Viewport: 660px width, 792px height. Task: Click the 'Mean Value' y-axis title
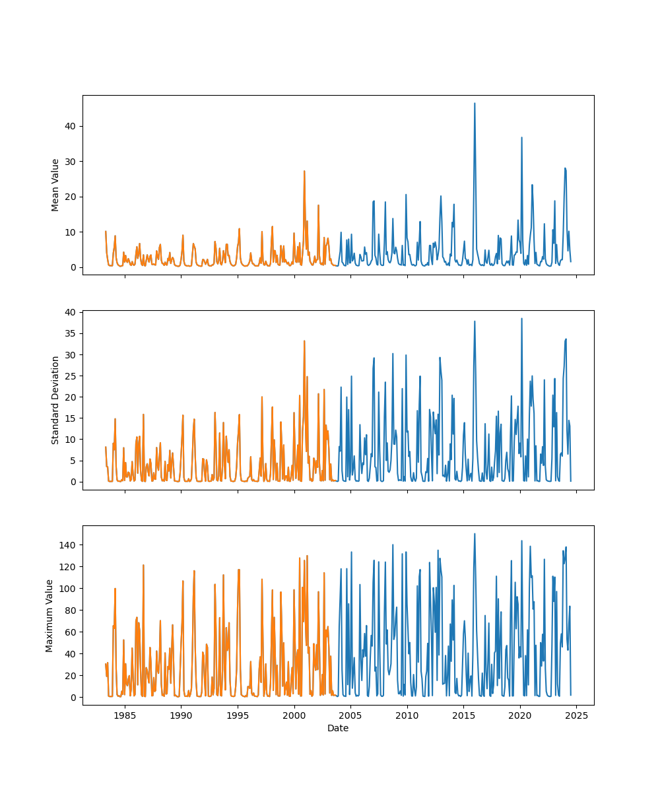(55, 185)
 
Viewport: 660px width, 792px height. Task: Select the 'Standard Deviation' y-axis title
(55, 400)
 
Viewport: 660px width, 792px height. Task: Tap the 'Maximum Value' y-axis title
(49, 615)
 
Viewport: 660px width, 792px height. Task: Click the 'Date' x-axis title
(338, 728)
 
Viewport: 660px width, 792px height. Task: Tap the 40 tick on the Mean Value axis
(70, 126)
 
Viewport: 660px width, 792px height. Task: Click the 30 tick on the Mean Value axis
(70, 161)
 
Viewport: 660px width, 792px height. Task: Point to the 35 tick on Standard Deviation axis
(70, 333)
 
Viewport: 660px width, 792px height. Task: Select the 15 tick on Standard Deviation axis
(70, 418)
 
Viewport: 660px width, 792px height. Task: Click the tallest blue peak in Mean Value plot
(474, 104)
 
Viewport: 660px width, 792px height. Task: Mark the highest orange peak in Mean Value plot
(304, 171)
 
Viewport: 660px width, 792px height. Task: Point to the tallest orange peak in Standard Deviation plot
(304, 341)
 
